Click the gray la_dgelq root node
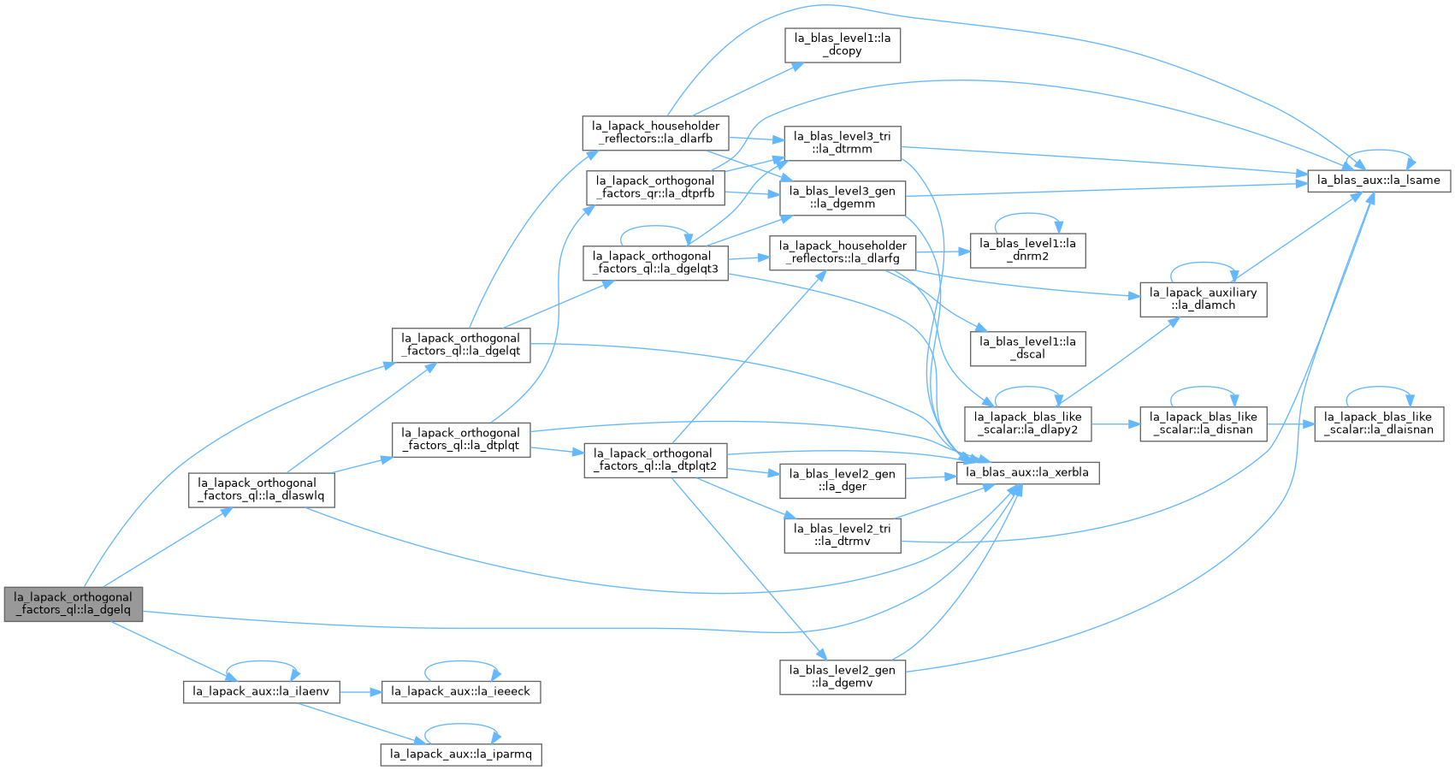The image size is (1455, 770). point(74,604)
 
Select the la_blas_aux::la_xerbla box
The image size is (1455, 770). point(1027,472)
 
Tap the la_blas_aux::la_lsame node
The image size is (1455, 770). point(1379,181)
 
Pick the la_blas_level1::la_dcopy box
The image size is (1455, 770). point(843,44)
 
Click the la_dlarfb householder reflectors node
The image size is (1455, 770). point(655,133)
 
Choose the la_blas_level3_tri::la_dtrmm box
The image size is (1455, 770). point(843,143)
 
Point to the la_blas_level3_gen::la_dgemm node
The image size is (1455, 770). point(843,198)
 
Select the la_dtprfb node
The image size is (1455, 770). point(655,187)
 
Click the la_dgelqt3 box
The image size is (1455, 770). point(655,263)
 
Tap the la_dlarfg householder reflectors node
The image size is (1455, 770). point(843,252)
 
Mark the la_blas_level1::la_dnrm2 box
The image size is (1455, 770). point(1027,250)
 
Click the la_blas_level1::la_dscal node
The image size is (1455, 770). point(1027,348)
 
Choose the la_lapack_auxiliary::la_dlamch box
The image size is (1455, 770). point(1203,299)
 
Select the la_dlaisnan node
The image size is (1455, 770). point(1379,423)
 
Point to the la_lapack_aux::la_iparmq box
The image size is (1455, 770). point(460,755)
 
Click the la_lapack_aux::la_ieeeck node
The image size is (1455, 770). point(460,692)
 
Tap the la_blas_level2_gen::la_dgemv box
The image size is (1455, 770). point(843,677)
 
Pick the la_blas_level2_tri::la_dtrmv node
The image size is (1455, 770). point(843,536)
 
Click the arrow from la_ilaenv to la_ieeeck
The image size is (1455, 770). point(360,693)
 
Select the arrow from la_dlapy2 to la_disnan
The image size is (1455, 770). point(1115,424)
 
